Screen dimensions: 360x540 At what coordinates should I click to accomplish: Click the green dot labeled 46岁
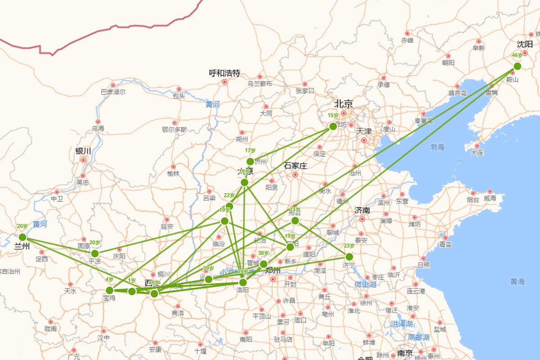pos(517,66)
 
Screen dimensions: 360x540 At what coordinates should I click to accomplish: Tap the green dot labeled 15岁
pos(333,126)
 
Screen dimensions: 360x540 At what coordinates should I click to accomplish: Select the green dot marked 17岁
pos(250,162)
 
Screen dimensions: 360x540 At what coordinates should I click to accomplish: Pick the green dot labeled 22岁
pos(229,206)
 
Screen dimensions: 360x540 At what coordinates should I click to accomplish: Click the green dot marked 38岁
pos(264,264)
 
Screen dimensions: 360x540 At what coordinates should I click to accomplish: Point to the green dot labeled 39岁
pos(208,279)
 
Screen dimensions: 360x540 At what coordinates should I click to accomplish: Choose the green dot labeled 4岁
pos(109,290)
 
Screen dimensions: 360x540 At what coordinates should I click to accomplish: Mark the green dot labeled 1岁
pos(132,291)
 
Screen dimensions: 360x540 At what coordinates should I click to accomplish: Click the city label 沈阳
pos(525,44)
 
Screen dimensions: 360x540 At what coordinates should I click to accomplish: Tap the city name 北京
pos(343,103)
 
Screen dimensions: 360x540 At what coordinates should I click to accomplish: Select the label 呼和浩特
pos(225,73)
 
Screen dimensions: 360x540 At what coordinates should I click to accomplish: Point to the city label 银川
pos(83,151)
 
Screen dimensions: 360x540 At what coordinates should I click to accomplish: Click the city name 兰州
pos(22,246)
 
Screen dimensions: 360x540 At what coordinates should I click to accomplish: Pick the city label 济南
pos(362,210)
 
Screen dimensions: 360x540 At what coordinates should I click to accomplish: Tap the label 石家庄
pos(295,166)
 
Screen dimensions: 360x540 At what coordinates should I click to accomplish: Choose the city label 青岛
pos(445,244)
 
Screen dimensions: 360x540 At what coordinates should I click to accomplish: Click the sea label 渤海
pos(437,147)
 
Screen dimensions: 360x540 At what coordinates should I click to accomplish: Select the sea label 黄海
pos(517,282)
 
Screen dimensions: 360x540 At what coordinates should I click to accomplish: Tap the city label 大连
pos(477,153)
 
